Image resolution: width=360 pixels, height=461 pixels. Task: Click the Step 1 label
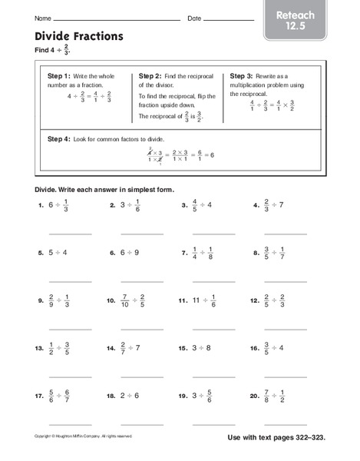(58, 77)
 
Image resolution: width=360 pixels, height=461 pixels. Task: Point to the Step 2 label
(150, 77)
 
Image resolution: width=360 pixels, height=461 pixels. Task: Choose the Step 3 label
(242, 77)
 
